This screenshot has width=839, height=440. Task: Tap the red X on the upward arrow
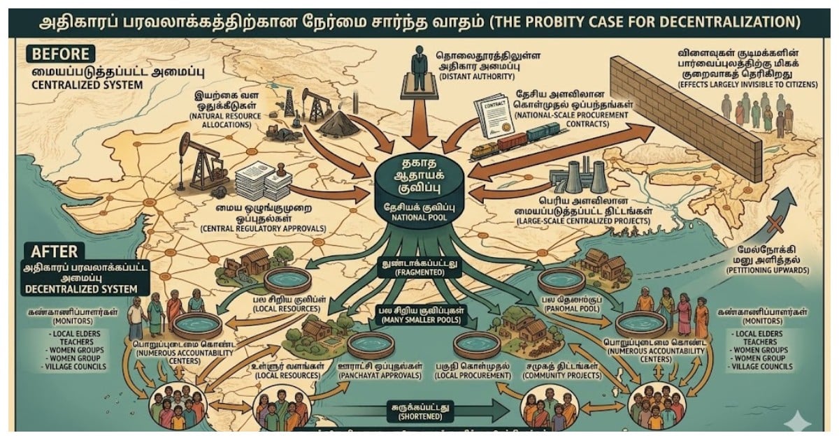click(x=773, y=226)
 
